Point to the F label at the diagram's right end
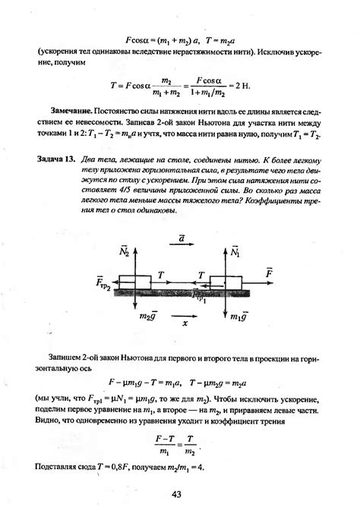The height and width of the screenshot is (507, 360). tap(268, 271)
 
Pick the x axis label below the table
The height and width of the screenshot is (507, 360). tap(185, 322)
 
